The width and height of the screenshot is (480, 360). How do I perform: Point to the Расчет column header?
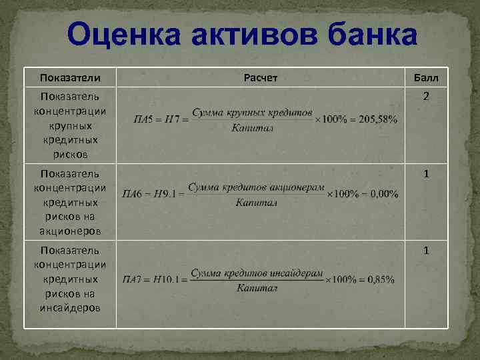(x=261, y=78)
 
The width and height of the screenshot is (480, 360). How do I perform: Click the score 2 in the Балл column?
(x=425, y=97)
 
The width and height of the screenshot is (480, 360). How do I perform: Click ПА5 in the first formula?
(x=144, y=120)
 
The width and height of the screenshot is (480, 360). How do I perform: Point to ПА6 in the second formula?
(x=134, y=195)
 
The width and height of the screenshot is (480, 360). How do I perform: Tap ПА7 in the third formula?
(x=134, y=280)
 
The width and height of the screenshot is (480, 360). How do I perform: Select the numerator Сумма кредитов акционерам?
(x=256, y=187)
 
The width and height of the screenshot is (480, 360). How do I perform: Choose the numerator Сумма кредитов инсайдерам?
(x=257, y=273)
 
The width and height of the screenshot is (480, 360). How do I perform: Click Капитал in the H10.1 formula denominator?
(x=256, y=288)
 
